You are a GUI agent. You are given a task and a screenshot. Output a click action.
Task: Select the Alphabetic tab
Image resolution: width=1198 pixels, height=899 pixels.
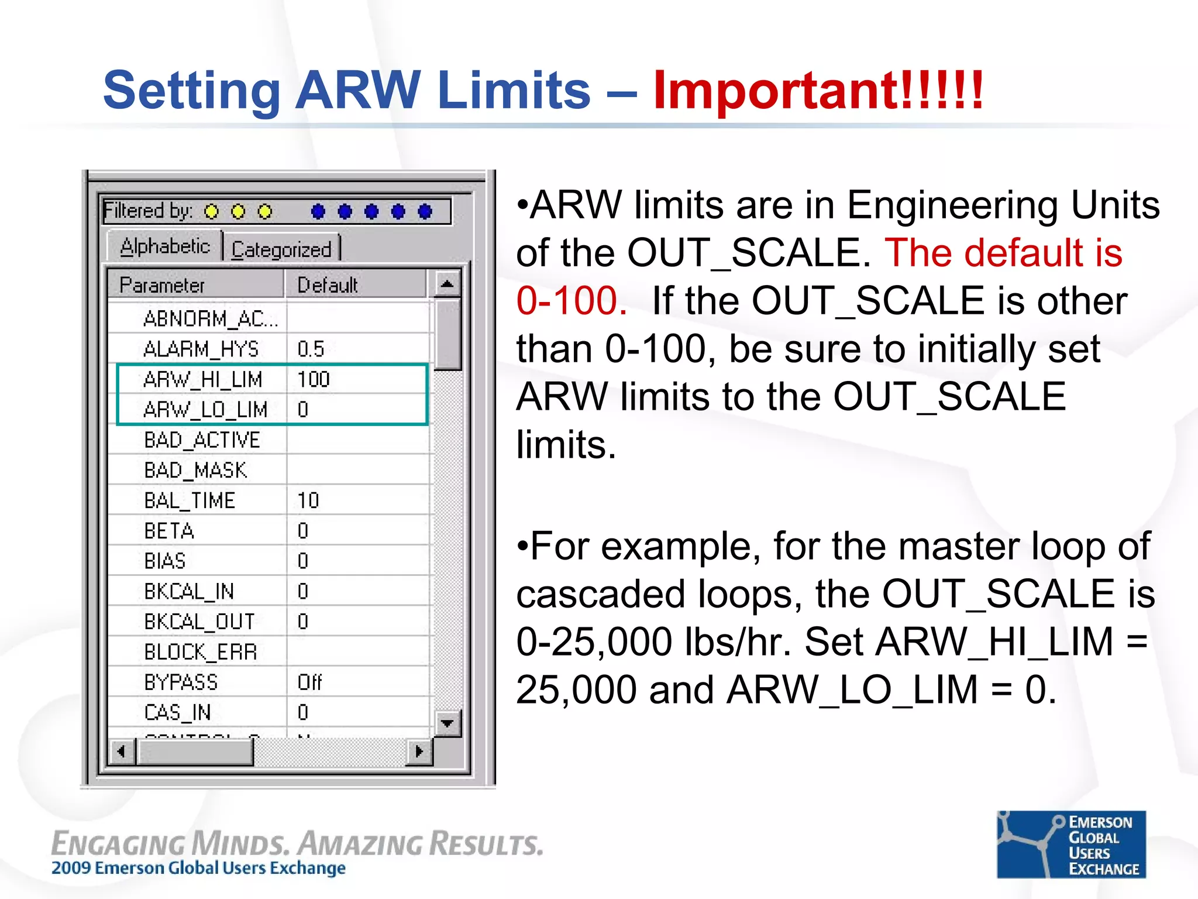[164, 246]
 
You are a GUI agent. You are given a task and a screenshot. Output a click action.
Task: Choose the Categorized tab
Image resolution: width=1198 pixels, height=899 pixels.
[281, 249]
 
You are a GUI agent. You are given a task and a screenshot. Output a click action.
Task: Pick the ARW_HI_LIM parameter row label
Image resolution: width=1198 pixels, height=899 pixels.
[202, 380]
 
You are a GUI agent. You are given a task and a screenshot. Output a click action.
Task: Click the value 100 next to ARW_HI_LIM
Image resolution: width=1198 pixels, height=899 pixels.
[314, 380]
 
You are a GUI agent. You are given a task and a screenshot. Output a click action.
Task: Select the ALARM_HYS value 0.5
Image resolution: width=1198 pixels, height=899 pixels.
[311, 349]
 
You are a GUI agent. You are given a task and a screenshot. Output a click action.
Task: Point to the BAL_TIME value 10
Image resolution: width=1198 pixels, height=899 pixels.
[308, 501]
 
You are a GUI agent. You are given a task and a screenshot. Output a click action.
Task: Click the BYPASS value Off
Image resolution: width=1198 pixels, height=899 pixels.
[309, 682]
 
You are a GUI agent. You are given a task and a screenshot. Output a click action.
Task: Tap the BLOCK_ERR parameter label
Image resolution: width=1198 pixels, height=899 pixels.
[201, 652]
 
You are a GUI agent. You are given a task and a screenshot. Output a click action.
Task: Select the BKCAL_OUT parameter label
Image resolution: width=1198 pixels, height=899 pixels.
[199, 622]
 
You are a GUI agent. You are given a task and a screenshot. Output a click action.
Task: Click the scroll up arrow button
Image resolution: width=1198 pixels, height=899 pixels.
[447, 284]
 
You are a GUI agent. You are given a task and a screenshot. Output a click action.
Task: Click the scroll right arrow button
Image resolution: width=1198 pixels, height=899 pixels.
[419, 752]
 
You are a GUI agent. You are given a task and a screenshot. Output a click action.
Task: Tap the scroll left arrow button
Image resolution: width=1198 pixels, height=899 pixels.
[122, 752]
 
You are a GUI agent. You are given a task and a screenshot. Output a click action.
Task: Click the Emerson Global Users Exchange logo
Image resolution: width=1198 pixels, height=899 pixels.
[1071, 844]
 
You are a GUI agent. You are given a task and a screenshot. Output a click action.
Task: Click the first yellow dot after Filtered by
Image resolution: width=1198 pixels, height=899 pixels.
[211, 211]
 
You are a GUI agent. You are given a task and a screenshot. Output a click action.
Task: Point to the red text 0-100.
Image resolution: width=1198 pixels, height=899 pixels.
[572, 301]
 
